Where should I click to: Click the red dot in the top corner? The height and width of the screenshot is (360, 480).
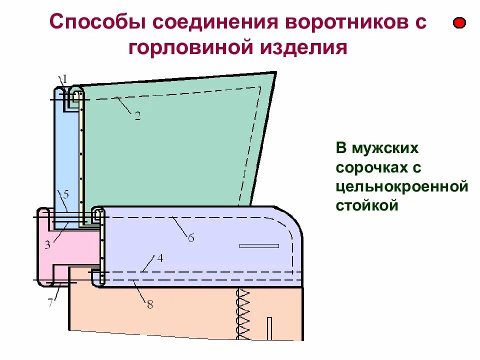(x=459, y=23)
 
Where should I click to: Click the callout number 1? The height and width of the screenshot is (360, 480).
(x=64, y=78)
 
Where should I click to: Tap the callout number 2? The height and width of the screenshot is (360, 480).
(x=137, y=116)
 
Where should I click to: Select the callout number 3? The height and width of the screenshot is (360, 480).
(x=47, y=245)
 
